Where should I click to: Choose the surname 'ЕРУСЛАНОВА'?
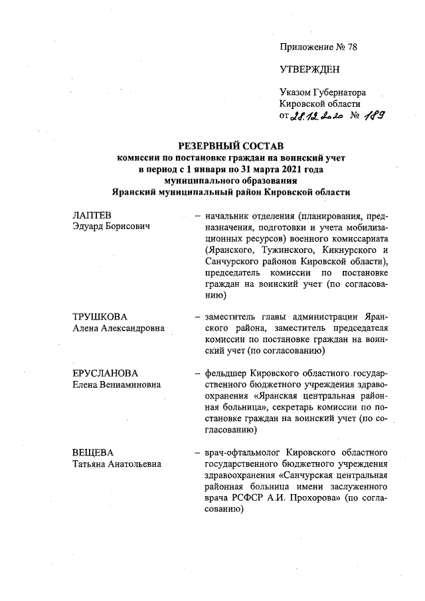(106, 374)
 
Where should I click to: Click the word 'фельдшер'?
(226, 374)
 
